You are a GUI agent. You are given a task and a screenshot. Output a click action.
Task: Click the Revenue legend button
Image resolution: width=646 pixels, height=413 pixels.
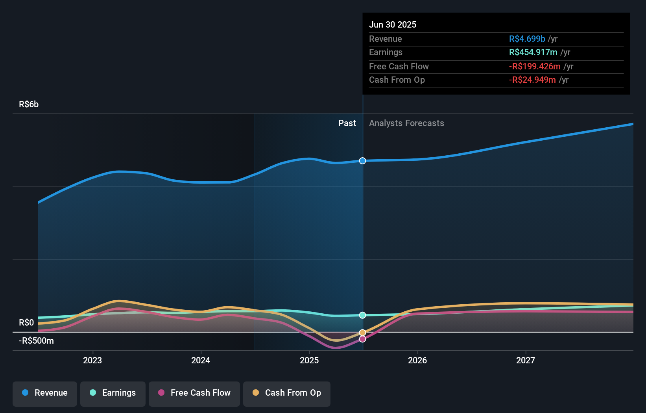45,393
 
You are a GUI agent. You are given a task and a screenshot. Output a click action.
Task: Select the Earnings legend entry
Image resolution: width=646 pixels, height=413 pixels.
113,393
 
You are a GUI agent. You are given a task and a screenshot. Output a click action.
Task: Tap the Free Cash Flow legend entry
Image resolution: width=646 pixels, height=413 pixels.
194,393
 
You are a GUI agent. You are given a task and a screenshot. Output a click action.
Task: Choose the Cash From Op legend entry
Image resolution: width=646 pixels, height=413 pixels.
287,393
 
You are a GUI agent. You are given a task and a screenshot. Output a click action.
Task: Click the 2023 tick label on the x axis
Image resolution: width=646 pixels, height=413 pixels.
92,360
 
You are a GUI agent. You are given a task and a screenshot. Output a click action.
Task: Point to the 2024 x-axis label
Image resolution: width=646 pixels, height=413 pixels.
201,360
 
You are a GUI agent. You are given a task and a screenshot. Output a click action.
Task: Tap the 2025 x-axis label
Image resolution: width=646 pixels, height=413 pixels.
309,360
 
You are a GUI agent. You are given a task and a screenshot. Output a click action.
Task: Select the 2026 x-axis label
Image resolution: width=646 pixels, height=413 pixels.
417,360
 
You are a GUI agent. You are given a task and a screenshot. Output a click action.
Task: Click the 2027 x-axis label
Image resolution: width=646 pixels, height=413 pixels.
526,360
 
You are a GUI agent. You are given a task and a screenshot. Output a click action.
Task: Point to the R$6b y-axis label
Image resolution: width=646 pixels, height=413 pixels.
29,104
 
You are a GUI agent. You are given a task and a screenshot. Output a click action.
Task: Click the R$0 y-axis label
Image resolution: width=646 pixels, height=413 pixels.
26,323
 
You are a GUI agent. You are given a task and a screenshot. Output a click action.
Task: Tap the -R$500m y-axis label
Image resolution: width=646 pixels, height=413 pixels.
36,341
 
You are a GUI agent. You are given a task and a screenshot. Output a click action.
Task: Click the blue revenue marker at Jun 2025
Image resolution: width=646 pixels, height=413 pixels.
363,161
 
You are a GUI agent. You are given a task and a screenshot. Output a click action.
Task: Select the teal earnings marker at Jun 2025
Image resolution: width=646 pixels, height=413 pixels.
363,315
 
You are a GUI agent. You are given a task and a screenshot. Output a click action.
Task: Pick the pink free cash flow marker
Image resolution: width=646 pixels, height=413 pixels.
363,339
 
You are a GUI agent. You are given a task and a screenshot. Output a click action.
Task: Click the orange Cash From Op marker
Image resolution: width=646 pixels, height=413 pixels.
363,333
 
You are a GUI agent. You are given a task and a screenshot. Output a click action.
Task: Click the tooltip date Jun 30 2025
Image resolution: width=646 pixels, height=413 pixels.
393,25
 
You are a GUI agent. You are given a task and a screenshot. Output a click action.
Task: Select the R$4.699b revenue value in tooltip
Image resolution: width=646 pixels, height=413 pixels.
527,39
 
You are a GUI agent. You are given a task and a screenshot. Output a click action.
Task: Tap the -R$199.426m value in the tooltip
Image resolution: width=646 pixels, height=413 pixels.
535,67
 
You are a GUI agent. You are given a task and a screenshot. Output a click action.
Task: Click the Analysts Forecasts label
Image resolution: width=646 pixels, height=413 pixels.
406,123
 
